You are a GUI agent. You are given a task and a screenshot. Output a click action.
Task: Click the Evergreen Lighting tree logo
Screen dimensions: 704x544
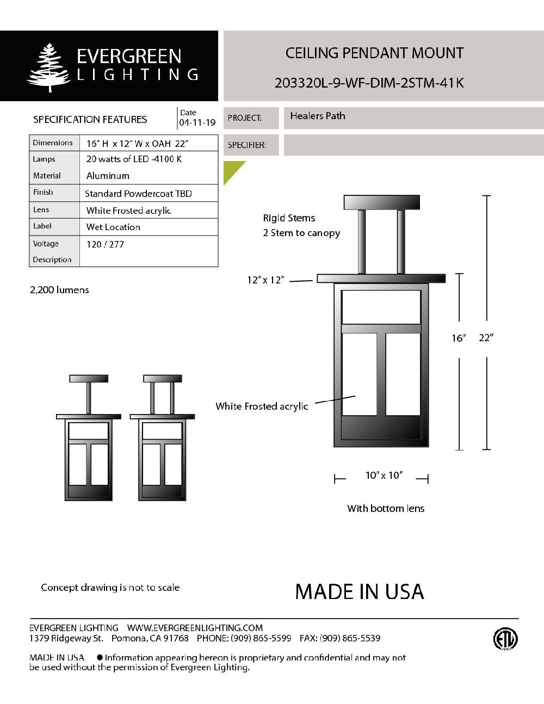(50, 67)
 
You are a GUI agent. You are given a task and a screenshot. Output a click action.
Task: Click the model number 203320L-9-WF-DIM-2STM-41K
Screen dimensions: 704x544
(369, 83)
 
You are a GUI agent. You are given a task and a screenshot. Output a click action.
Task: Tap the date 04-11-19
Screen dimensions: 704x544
(197, 123)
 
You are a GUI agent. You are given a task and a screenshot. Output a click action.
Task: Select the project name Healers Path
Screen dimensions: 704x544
(318, 116)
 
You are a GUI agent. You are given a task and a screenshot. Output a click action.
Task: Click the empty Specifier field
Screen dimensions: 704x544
(413, 145)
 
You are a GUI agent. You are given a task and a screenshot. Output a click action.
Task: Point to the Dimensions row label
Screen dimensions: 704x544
(53, 143)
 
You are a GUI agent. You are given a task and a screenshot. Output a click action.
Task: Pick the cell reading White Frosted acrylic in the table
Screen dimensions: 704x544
(129, 211)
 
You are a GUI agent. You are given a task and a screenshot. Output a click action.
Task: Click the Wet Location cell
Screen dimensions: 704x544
(113, 227)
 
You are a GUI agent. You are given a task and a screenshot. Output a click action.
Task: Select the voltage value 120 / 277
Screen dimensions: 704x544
(105, 244)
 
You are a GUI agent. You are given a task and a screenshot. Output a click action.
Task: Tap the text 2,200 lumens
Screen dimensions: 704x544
(59, 290)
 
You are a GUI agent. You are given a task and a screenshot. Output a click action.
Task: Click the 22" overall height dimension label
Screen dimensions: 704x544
(486, 338)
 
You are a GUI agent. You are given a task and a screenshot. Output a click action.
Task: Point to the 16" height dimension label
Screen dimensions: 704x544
(459, 338)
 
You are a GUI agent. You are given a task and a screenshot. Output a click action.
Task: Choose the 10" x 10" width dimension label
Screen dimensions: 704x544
(384, 475)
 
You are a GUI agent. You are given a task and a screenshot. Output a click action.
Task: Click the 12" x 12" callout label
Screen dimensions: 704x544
(265, 280)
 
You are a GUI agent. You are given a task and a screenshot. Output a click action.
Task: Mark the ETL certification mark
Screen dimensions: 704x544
(505, 639)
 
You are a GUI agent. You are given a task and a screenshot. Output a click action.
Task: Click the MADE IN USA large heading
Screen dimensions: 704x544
(359, 592)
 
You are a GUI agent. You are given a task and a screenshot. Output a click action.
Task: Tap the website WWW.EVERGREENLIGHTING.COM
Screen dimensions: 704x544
(195, 628)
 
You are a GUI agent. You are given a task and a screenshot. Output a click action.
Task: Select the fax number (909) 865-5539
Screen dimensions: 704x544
(350, 638)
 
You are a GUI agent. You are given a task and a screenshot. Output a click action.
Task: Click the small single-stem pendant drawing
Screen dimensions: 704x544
(89, 437)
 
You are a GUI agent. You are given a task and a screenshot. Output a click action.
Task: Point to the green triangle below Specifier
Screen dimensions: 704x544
(232, 170)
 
